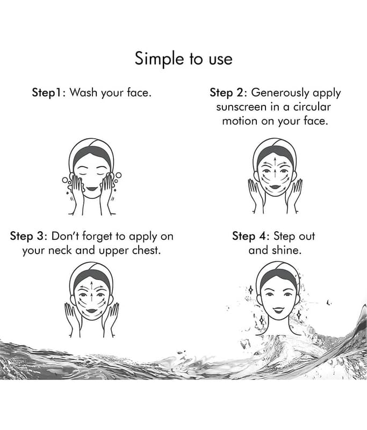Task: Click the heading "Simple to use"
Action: pos(183,59)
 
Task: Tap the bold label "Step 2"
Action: pos(226,92)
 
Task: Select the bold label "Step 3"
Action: pos(27,236)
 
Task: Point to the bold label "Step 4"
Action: pos(249,236)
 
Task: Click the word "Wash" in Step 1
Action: pos(83,92)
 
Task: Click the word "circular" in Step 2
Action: pos(312,106)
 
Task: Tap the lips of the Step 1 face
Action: pos(91,189)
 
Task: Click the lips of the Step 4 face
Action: pos(278,310)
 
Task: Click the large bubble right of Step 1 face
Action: pos(118,175)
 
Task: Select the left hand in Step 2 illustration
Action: pos(255,192)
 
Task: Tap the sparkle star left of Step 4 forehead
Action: pos(250,289)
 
